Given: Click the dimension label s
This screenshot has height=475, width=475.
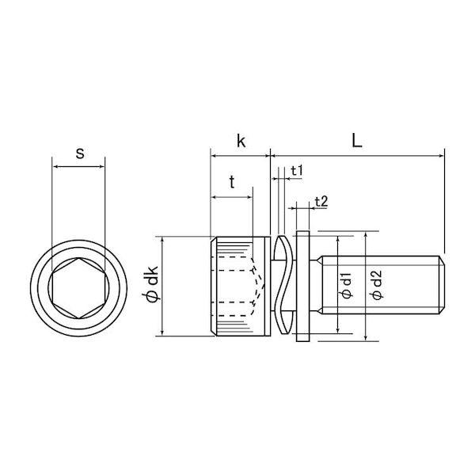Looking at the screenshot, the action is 80,154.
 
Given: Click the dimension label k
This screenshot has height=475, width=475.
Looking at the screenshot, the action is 241,141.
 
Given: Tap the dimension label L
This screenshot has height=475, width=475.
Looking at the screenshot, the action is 357,141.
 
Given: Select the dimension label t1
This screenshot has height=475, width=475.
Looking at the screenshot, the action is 297,171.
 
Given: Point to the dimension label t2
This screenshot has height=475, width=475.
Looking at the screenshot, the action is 321,201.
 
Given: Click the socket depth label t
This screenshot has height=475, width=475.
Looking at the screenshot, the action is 232,182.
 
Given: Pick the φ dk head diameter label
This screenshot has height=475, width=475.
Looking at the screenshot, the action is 150,284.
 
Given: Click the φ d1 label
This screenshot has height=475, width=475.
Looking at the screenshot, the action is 346,285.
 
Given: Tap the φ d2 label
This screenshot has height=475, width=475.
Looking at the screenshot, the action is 376,285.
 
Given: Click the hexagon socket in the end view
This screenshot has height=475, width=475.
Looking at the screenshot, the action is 78,288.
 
